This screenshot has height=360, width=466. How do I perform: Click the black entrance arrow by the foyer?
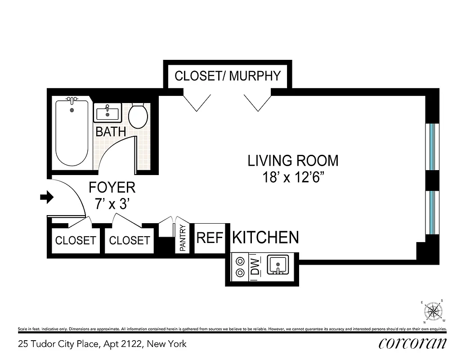click(47, 197)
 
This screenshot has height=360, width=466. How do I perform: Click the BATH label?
click(110, 132)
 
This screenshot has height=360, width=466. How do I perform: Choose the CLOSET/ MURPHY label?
click(227, 76)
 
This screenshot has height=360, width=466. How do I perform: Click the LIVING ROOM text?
click(293, 161)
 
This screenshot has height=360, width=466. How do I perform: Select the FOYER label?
click(112, 187)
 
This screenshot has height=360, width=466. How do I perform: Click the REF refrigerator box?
click(210, 238)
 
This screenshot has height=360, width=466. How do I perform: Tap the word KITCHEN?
click(265, 237)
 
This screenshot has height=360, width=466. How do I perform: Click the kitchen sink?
click(279, 265)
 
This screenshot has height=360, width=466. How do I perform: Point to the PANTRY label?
click(183, 238)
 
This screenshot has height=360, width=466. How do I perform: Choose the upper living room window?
click(432, 146)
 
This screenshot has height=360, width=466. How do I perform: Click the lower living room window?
click(432, 212)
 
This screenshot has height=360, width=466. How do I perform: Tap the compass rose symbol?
click(433, 311)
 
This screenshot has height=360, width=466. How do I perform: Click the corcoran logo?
click(413, 343)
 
